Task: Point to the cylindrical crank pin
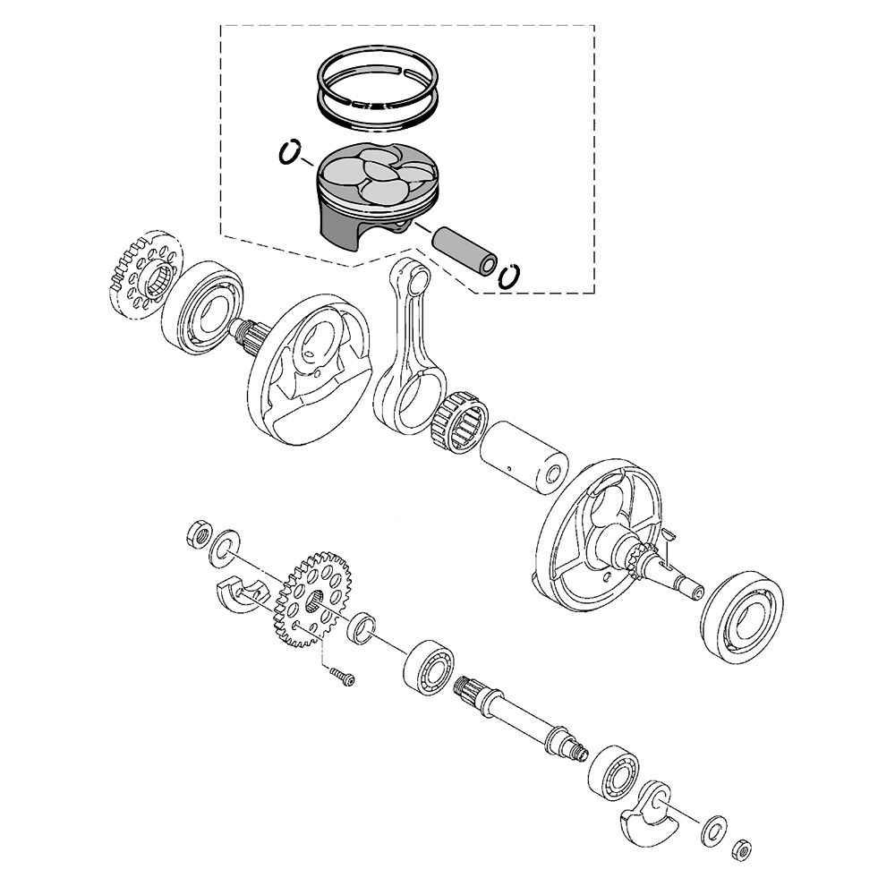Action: pos(524,456)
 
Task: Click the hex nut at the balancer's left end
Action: pos(199,535)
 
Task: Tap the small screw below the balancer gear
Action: pos(341,677)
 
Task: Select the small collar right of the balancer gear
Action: pos(363,627)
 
